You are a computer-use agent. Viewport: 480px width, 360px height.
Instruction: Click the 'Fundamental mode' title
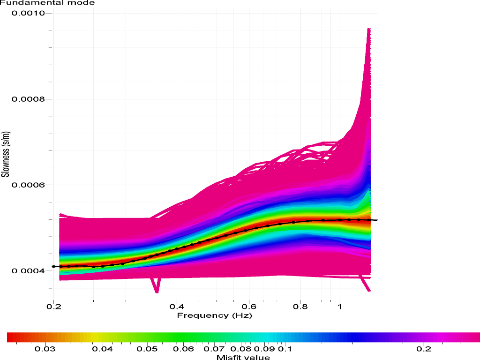coord(47,3)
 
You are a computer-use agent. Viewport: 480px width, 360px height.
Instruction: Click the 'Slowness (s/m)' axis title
coord(6,155)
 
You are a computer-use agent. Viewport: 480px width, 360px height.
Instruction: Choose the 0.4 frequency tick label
coord(176,307)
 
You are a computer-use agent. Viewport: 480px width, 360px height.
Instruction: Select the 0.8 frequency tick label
coord(300,307)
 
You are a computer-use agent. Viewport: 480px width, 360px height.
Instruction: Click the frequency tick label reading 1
coord(340,307)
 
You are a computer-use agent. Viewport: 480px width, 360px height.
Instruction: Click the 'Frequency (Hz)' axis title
coord(214,315)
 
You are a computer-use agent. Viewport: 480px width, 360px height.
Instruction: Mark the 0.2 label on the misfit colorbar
coord(423,349)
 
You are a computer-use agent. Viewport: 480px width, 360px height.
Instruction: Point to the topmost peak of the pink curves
coord(369,29)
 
